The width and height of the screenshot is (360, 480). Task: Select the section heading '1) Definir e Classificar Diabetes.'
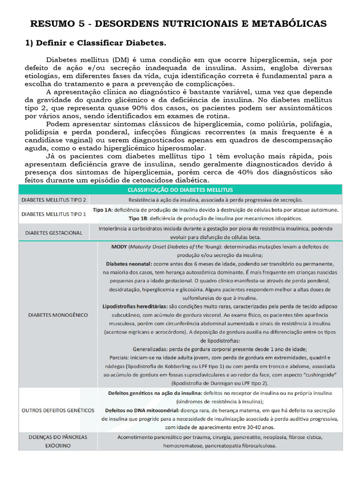click(95, 43)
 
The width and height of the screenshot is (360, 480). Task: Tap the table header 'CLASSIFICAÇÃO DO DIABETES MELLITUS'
click(180, 189)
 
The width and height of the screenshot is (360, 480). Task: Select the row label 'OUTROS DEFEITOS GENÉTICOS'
click(58, 410)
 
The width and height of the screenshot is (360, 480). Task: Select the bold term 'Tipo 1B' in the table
click(139, 218)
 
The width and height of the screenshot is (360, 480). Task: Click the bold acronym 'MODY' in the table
click(119, 246)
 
